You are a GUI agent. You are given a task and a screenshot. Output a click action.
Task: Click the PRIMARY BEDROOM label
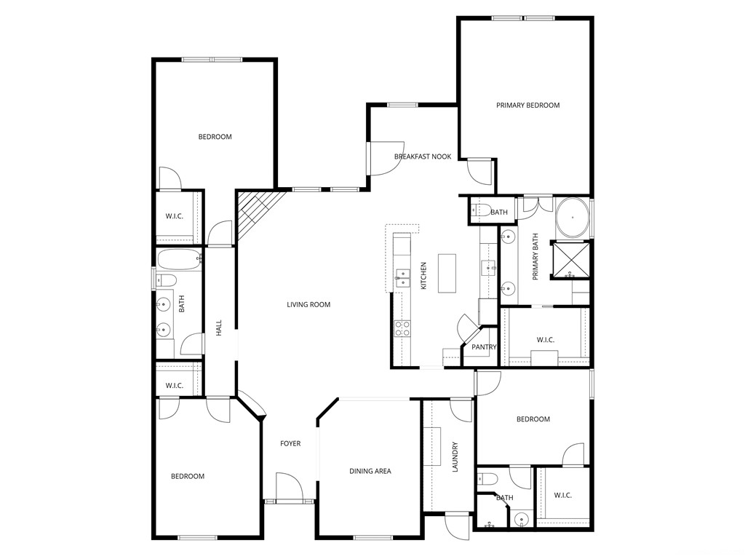click(x=527, y=106)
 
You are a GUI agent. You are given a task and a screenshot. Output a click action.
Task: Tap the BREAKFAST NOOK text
click(x=423, y=156)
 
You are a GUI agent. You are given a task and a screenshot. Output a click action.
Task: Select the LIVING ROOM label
click(x=308, y=304)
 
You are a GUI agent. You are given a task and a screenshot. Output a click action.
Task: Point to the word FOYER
click(x=290, y=443)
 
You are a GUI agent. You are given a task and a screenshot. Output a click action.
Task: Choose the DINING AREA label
click(x=370, y=471)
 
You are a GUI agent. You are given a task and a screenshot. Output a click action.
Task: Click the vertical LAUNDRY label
click(x=455, y=457)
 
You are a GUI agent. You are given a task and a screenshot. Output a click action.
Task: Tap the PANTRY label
click(x=483, y=347)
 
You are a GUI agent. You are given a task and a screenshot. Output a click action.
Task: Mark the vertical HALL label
click(x=218, y=328)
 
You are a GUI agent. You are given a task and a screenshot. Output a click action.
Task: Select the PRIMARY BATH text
click(x=535, y=257)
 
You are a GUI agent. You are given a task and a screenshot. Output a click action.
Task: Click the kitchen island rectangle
click(x=447, y=273)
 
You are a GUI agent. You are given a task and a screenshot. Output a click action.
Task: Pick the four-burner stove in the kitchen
click(x=402, y=328)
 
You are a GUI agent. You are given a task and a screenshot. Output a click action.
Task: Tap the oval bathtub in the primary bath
click(x=573, y=217)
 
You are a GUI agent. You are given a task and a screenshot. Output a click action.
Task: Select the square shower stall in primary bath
click(x=573, y=259)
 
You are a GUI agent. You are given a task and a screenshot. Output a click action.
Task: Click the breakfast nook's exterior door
click(x=384, y=158)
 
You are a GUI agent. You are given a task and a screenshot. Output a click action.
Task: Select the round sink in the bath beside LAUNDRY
click(x=521, y=519)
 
